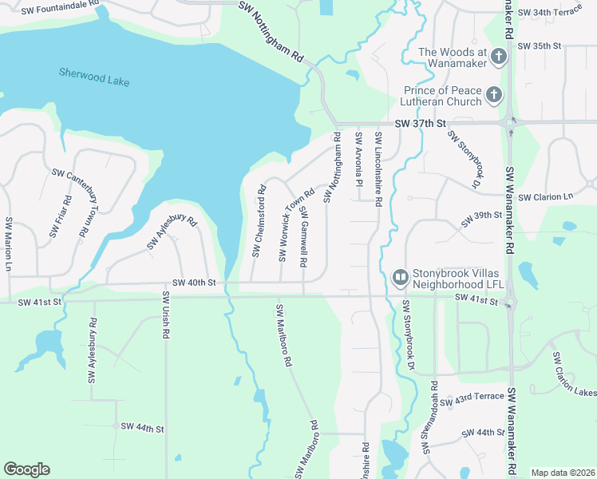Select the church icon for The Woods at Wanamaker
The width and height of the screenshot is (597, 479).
pyautogui.click(x=499, y=56)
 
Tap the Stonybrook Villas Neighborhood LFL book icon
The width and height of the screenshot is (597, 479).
pyautogui.click(x=400, y=277)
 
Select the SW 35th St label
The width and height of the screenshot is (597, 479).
pyautogui.click(x=540, y=46)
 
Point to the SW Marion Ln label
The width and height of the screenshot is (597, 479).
pyautogui.click(x=9, y=243)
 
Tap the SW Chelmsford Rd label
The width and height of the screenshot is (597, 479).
pyautogui.click(x=258, y=222)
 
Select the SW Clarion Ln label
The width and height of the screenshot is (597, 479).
pyautogui.click(x=546, y=197)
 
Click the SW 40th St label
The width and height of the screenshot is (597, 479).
pyautogui.click(x=195, y=283)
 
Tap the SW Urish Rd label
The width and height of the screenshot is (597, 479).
pyautogui.click(x=166, y=316)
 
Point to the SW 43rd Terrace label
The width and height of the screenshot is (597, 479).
pyautogui.click(x=478, y=397)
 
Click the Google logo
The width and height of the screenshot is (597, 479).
pyautogui.click(x=26, y=469)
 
